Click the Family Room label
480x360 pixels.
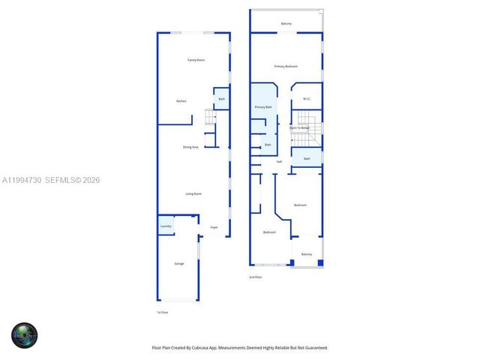pos(196,60)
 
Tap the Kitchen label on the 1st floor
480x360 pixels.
pos(181,101)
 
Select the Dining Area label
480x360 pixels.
pos(190,147)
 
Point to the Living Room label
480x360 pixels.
pos(193,194)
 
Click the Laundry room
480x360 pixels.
pos(166,226)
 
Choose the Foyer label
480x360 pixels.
pos(214,227)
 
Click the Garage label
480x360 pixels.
pos(179,264)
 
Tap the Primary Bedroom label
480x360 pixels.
pos(286,67)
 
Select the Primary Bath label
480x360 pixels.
pos(263,107)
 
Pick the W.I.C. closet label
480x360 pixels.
pos(307,99)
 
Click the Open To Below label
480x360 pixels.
pos(300,128)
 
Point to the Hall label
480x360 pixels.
pos(279,161)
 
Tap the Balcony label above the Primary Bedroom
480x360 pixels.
pos(286,24)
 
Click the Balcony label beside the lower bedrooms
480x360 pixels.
pos(307,255)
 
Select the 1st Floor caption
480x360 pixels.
pos(162,312)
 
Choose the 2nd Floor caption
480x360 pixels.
pos(256,277)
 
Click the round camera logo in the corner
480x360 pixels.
pos(24,335)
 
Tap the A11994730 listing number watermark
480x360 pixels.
pos(21,180)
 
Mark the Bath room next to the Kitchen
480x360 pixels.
pos(222,99)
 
